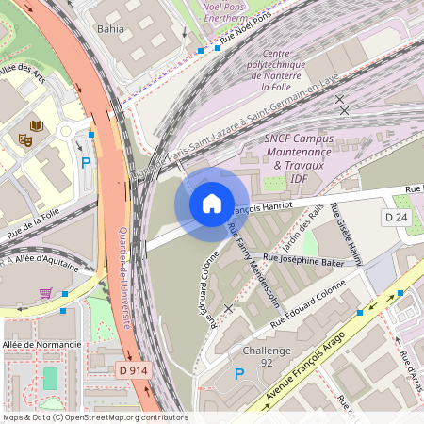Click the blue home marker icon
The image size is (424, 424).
click(211, 204)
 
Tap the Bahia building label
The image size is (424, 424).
click(110, 29)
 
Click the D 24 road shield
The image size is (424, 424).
click(395, 217)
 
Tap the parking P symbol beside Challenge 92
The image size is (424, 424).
click(238, 374)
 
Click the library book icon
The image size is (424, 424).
click(38, 125)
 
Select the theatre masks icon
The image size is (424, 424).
click(24, 139)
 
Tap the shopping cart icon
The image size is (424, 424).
click(45, 293)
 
